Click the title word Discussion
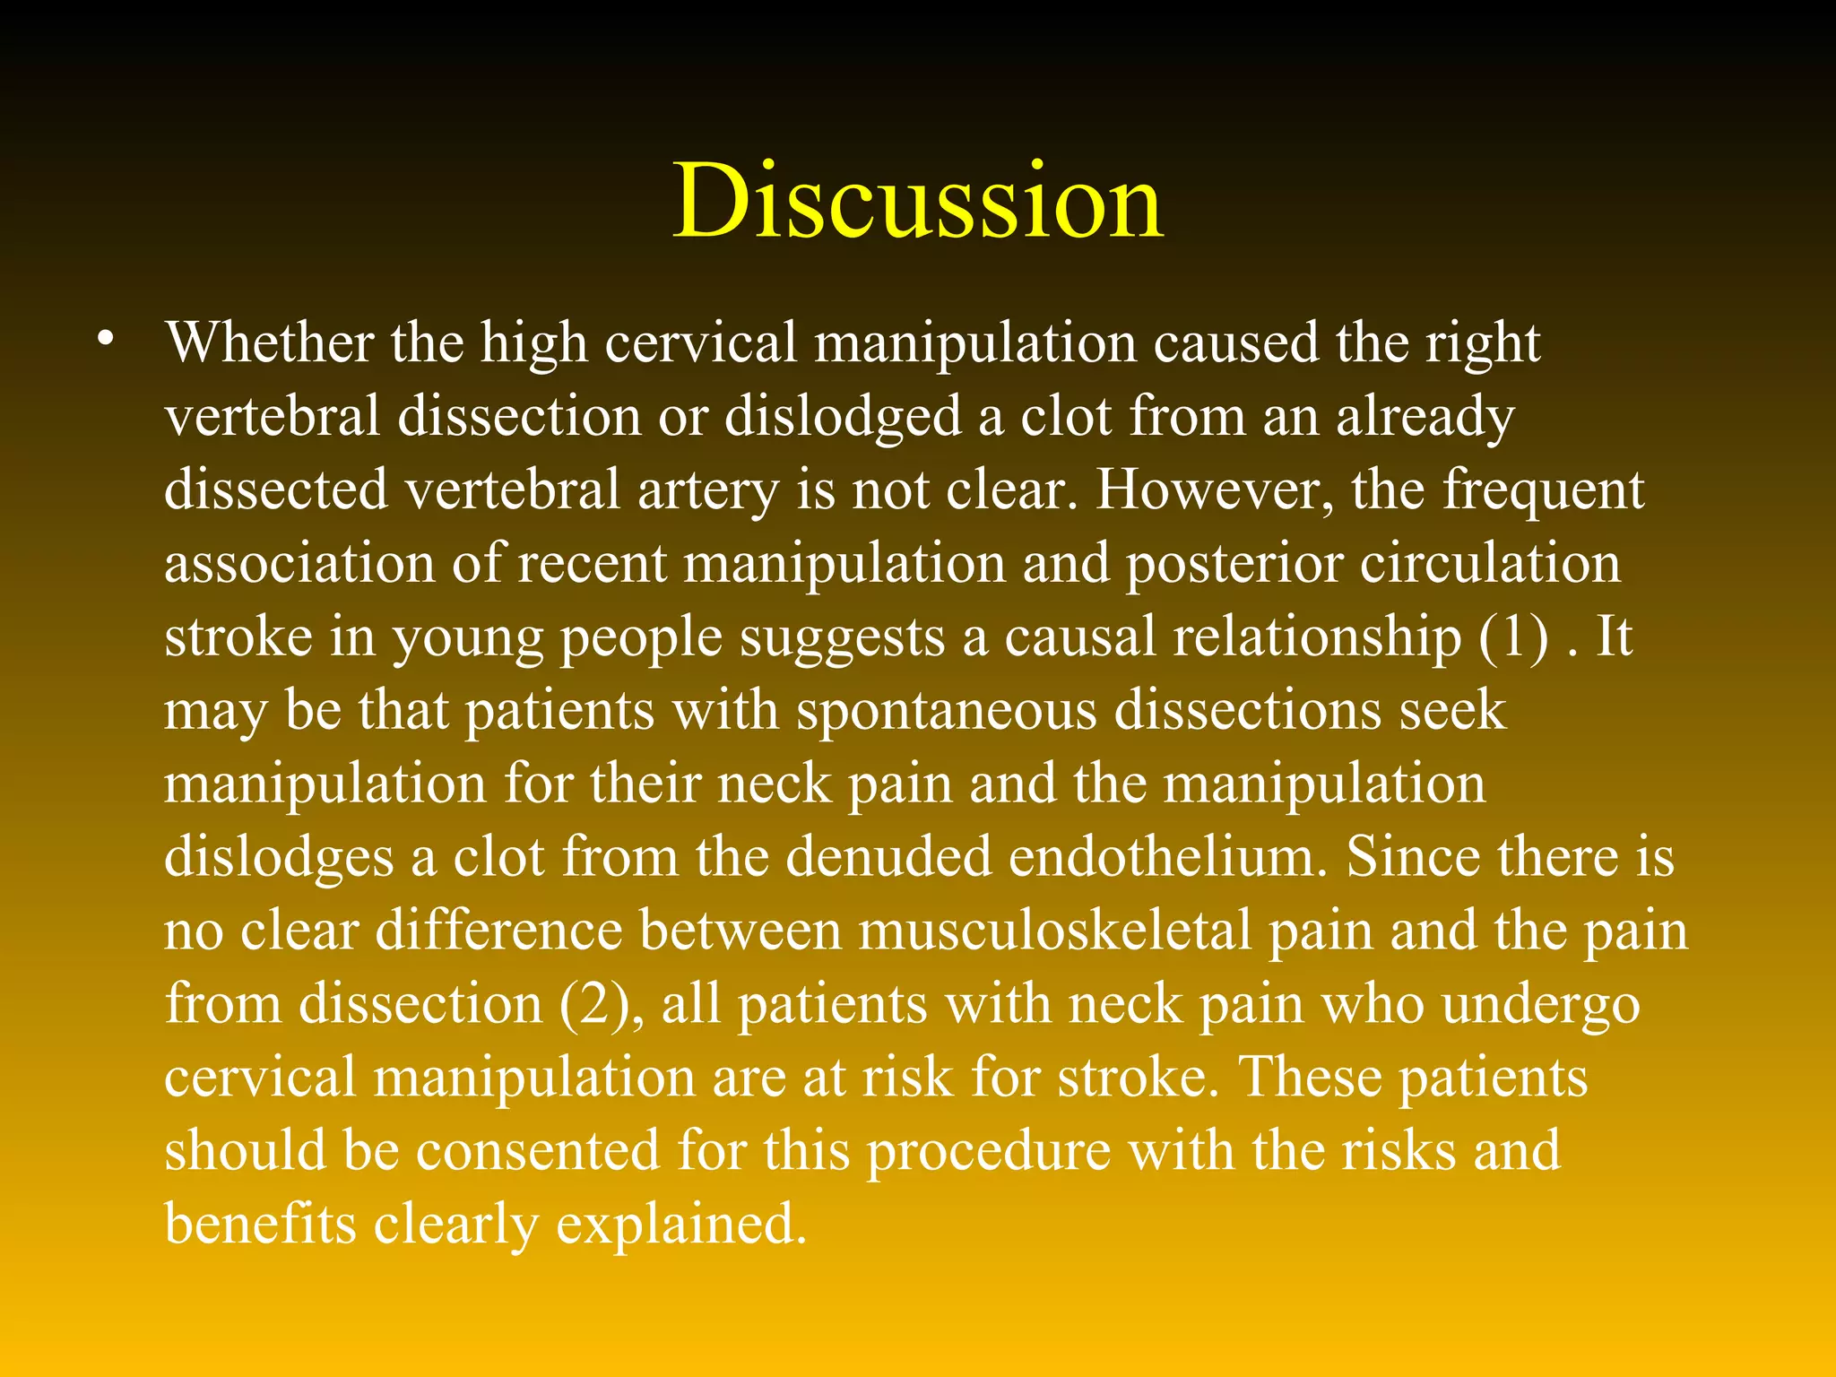click(x=918, y=201)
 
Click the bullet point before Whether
click(x=107, y=341)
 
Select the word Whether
click(x=269, y=343)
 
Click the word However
click(x=1215, y=492)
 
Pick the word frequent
click(x=1543, y=492)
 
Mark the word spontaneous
click(x=947, y=713)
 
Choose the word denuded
click(x=888, y=858)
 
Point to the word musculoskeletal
click(x=1054, y=931)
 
